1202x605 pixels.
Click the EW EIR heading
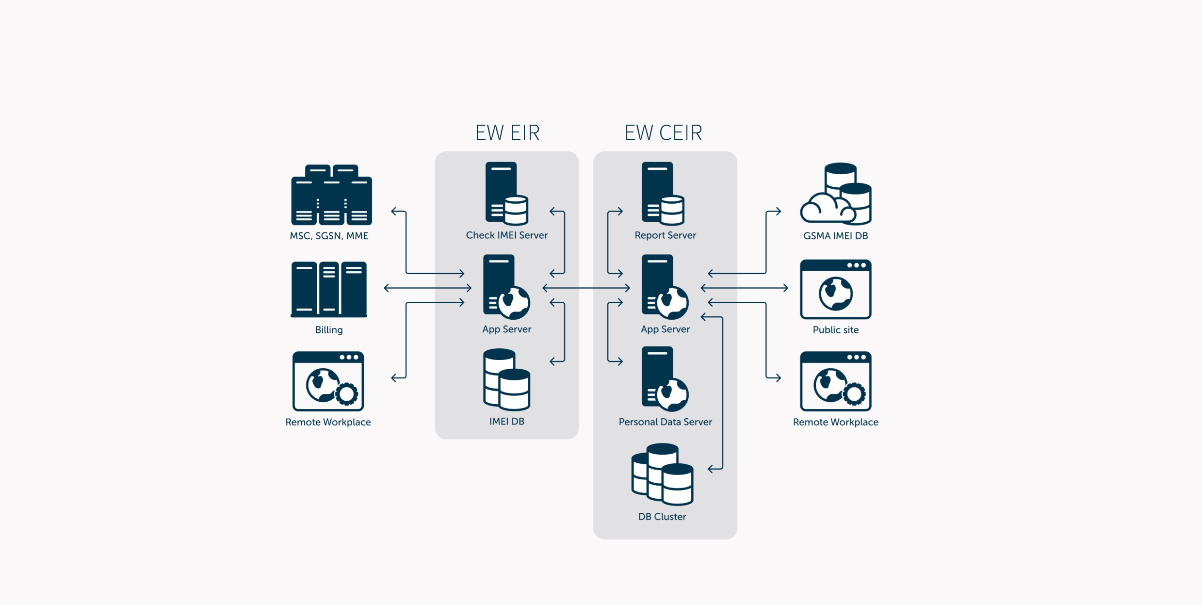(x=507, y=133)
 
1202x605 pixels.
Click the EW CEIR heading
(x=663, y=133)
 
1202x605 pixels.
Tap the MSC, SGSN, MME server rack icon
(x=331, y=195)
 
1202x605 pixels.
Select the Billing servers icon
(x=329, y=289)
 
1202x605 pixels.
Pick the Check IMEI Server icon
(x=506, y=194)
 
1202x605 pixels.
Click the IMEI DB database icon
(x=506, y=379)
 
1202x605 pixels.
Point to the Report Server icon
(x=663, y=194)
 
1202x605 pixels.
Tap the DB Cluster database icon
(x=662, y=474)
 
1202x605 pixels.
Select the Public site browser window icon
(x=835, y=289)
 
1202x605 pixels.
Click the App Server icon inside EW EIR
(x=506, y=287)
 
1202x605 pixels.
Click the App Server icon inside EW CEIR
(x=665, y=287)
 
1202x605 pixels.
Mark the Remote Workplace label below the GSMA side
(x=835, y=422)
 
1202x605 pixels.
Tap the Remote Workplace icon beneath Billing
(x=328, y=381)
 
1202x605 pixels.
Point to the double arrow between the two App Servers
(x=586, y=288)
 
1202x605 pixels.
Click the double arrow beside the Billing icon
(x=427, y=288)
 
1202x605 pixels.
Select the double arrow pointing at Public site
(x=745, y=288)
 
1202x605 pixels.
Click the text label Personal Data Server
(x=665, y=422)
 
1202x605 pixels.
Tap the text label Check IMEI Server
(x=506, y=235)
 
